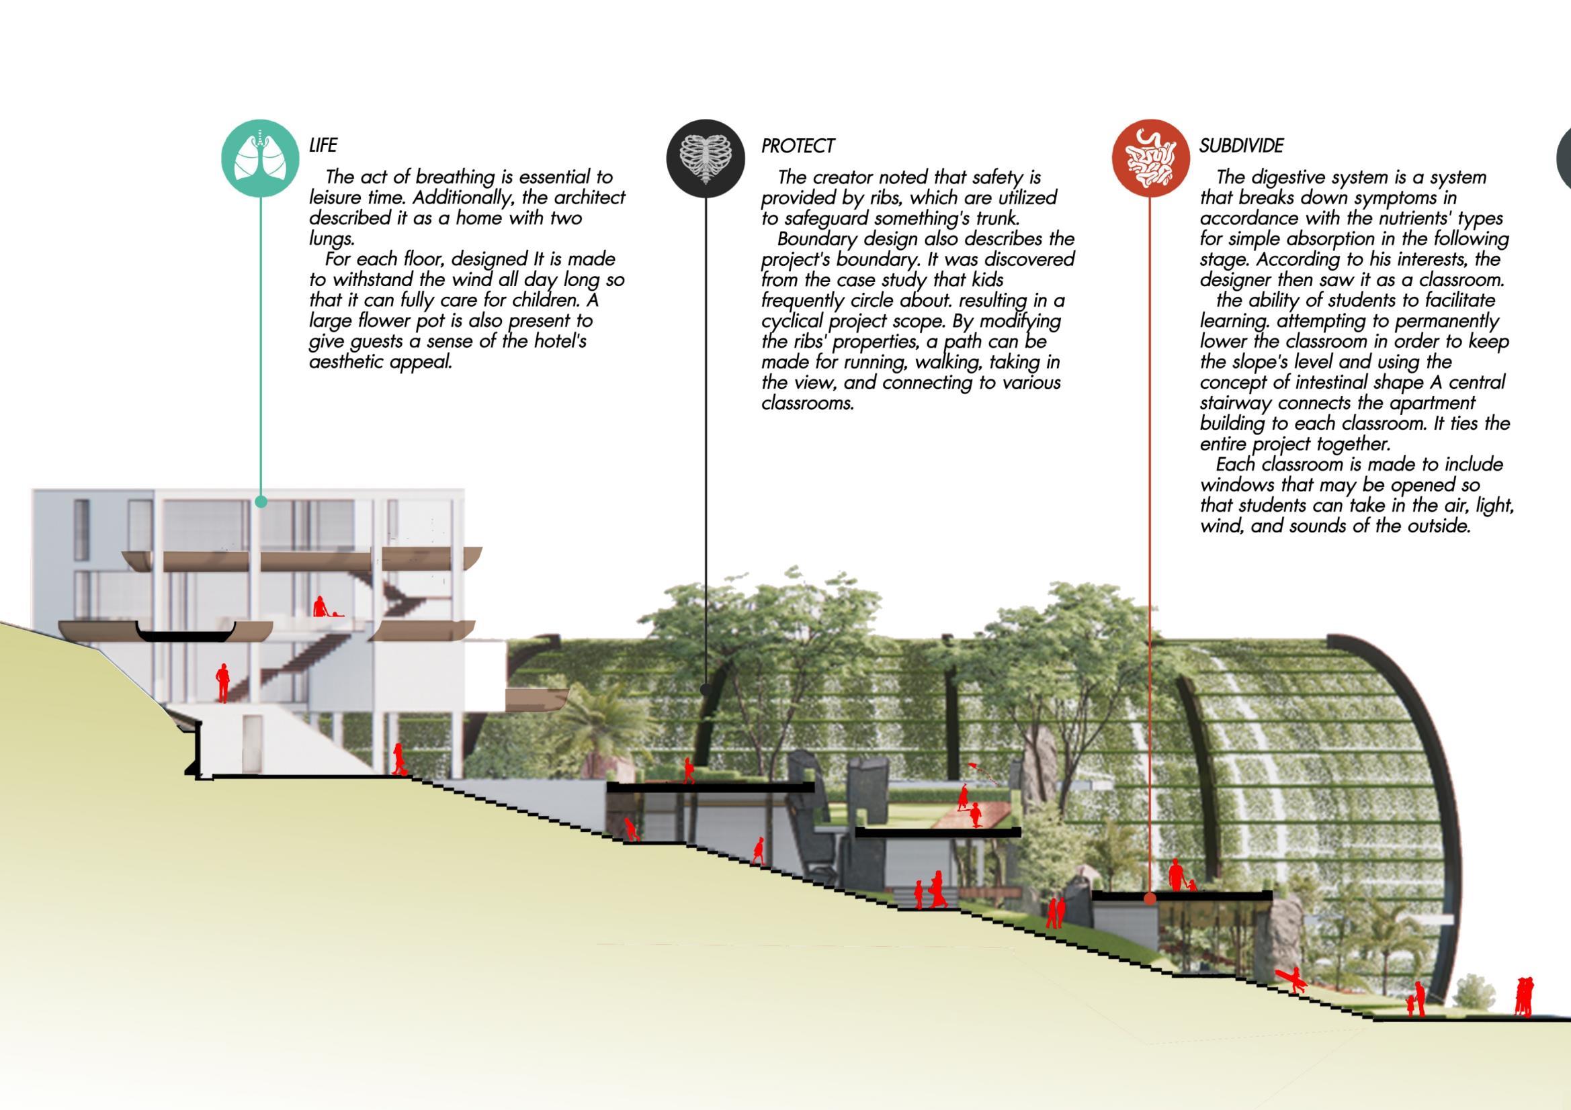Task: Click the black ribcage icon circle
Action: pyautogui.click(x=706, y=158)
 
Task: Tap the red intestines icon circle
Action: pyautogui.click(x=1150, y=158)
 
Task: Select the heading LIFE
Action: pyautogui.click(x=323, y=145)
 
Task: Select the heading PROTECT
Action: pyautogui.click(x=797, y=146)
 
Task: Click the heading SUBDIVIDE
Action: pyautogui.click(x=1241, y=145)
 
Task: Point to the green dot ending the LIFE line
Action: pyautogui.click(x=260, y=502)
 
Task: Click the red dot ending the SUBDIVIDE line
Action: pyautogui.click(x=1150, y=898)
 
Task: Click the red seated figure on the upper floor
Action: pyautogui.click(x=321, y=606)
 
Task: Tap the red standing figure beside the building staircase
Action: pyautogui.click(x=222, y=682)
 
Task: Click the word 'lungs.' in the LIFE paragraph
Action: pyautogui.click(x=332, y=238)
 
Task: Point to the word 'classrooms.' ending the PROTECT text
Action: pyautogui.click(x=808, y=403)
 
